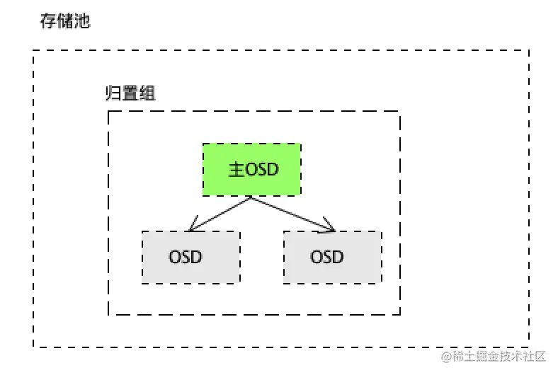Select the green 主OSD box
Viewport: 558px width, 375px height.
251,170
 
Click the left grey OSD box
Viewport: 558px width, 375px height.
190,257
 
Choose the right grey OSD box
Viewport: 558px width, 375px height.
332,257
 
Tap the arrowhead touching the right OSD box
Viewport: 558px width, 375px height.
329,227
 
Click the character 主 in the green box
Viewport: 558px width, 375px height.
236,170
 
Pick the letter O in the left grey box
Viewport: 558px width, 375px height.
176,257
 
